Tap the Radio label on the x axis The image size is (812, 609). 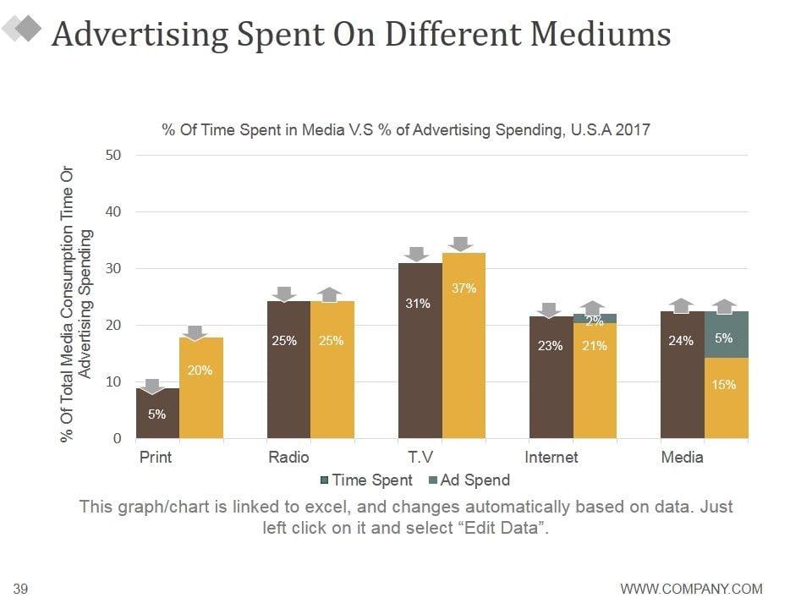(288, 458)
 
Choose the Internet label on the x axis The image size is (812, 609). (551, 458)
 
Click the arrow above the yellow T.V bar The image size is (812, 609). (460, 244)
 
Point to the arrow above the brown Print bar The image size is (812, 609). (152, 387)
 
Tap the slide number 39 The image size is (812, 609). (22, 589)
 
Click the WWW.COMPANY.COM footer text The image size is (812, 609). (691, 589)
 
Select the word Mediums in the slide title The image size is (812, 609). (601, 35)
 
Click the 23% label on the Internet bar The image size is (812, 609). (550, 345)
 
